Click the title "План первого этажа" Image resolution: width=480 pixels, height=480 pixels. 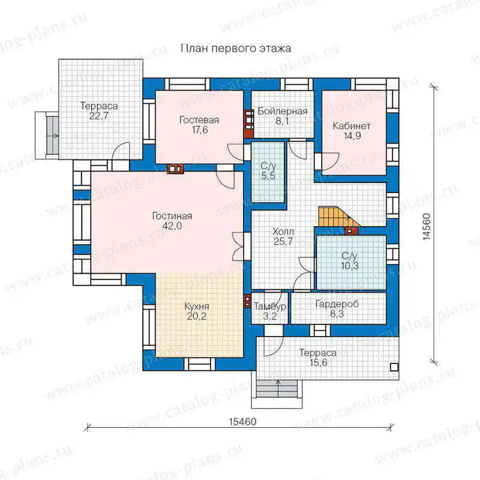[236, 49]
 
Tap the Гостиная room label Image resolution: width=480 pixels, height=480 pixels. [172, 216]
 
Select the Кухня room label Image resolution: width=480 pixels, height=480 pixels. [197, 307]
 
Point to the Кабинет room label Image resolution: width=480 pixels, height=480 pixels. [352, 126]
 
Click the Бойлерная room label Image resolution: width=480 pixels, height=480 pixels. [282, 111]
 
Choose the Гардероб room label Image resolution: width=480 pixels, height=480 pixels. [337, 304]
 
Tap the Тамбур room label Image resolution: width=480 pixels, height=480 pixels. [269, 307]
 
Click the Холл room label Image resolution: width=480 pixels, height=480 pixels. [283, 231]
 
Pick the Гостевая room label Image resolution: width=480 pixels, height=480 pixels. [199, 119]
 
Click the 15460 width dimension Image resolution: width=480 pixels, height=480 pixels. [243, 422]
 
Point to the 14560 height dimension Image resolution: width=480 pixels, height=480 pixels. [427, 227]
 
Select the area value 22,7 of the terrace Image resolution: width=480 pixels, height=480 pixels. [99, 116]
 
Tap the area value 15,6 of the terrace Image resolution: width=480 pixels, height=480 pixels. [319, 363]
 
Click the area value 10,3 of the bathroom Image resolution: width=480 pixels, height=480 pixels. [350, 266]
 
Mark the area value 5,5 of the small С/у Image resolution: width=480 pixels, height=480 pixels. [268, 176]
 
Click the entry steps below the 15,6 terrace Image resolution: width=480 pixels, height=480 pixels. [277, 389]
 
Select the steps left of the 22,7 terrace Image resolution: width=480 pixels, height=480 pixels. [52, 136]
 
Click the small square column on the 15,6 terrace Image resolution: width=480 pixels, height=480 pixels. [394, 367]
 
